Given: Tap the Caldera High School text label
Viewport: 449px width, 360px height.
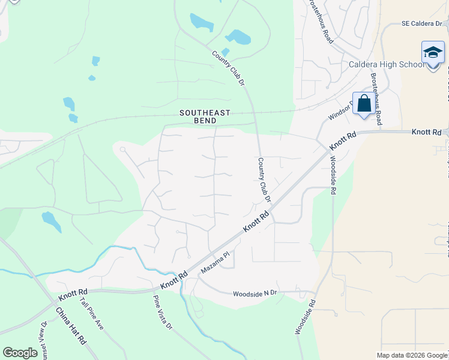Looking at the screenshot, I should [385, 65].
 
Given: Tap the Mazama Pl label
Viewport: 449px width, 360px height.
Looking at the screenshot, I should [215, 262].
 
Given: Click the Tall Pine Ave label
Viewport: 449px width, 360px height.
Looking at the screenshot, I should [92, 314].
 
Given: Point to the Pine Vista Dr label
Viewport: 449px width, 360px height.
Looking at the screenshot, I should [163, 313].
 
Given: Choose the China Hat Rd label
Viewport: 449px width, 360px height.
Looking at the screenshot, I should [71, 326].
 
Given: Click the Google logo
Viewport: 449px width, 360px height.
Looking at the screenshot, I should [20, 353].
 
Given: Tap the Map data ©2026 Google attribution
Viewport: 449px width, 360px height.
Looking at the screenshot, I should [412, 355].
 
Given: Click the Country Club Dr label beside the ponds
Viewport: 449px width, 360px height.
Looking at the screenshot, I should [229, 67].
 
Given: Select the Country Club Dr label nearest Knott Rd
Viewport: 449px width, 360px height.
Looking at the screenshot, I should [265, 180].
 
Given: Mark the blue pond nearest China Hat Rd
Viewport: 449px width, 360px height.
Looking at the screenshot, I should [51, 221].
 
